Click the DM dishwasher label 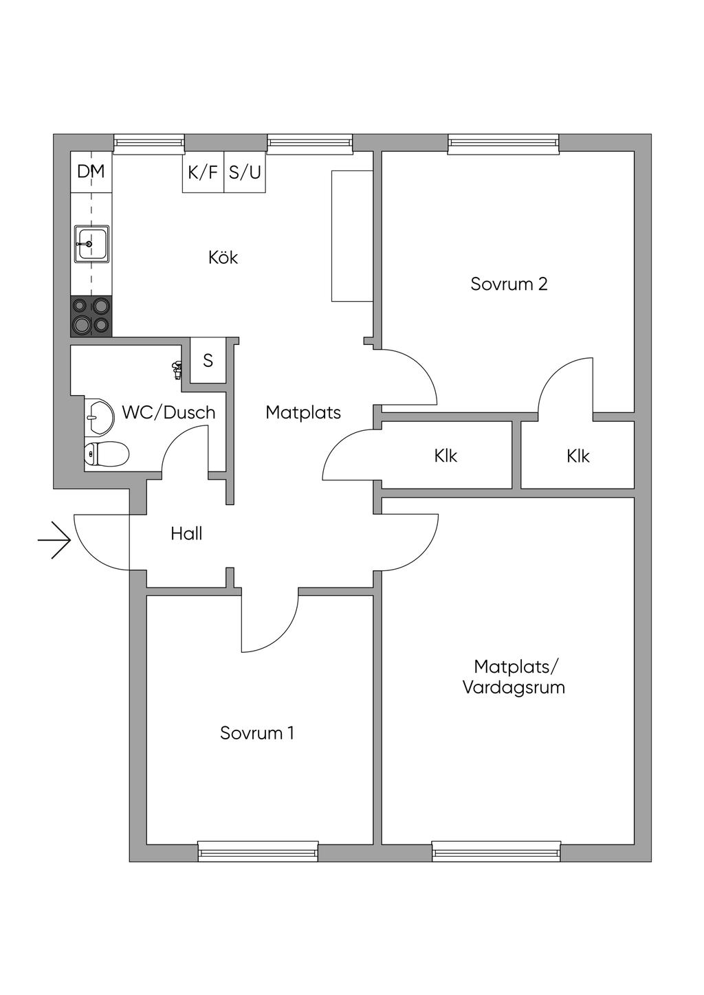coord(91,172)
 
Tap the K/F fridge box coord(203,172)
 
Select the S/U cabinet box coord(245,172)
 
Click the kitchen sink coord(91,244)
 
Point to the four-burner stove coord(91,316)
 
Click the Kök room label coord(223,258)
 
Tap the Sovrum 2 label coord(509,284)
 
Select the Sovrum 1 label coord(257,733)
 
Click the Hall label coord(187,533)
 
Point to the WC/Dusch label coord(169,413)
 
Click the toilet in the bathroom coord(107,454)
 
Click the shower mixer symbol coord(177,370)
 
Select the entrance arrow coord(54,540)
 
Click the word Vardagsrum coord(514,688)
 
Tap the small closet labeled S coord(208,360)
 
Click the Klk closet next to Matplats coord(447,456)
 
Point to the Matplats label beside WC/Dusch coord(304,413)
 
